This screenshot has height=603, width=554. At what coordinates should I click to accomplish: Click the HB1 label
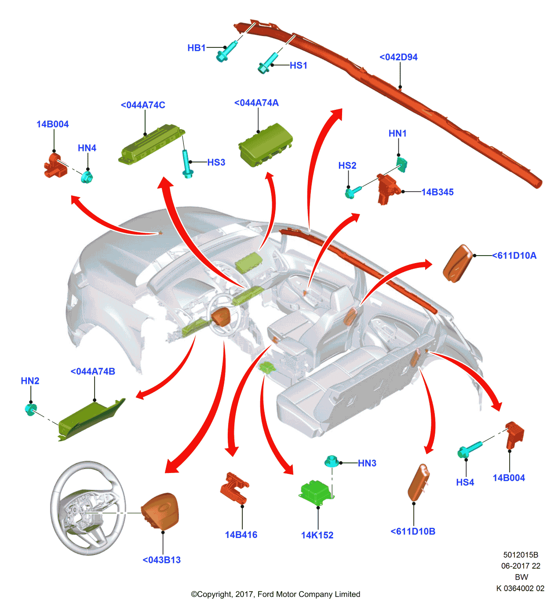pyautogui.click(x=196, y=48)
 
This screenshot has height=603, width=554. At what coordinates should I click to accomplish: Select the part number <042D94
pyautogui.click(x=398, y=57)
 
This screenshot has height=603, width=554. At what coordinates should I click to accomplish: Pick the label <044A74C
pyautogui.click(x=143, y=105)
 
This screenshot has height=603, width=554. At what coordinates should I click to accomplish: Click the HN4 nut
pyautogui.click(x=87, y=177)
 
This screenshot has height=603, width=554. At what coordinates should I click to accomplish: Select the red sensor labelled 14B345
pyautogui.click(x=387, y=189)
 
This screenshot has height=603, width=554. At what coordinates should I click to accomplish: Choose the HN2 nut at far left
pyautogui.click(x=30, y=410)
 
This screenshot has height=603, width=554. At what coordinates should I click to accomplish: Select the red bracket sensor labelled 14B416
pyautogui.click(x=234, y=487)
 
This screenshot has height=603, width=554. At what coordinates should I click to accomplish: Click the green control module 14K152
pyautogui.click(x=315, y=491)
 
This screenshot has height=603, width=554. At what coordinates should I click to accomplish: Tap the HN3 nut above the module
pyautogui.click(x=331, y=462)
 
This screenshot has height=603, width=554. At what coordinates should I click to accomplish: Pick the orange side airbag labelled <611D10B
pyautogui.click(x=418, y=482)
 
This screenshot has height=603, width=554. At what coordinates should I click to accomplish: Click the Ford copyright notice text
pyautogui.click(x=275, y=594)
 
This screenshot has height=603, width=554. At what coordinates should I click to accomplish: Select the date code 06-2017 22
pyautogui.click(x=521, y=566)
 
